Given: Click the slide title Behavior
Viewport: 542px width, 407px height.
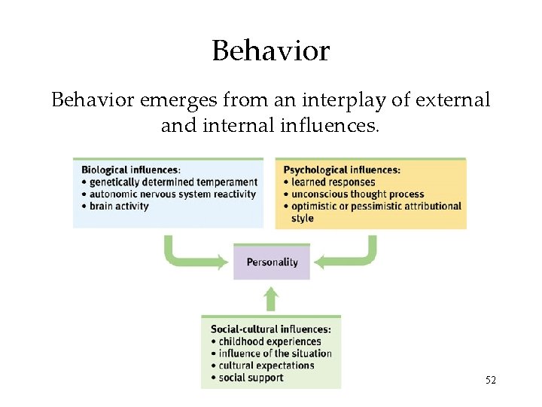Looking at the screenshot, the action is pos(271,51).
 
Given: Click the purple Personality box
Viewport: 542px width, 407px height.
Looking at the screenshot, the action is pos(272,262).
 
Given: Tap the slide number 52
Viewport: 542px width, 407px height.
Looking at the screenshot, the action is pos(490,380).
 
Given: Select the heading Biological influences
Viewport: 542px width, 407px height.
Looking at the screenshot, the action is pos(130,170).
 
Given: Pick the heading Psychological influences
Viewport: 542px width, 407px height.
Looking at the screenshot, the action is pos(341,170).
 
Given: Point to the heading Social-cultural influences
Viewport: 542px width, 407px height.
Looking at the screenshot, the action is pos(270,329).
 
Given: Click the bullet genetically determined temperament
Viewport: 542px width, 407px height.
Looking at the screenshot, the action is pos(173,182).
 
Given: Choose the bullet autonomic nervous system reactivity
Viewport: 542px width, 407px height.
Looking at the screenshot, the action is pos(172,194).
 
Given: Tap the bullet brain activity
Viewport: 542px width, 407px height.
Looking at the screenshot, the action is pos(119,206).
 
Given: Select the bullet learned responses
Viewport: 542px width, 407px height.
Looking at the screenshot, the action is pos(332,182).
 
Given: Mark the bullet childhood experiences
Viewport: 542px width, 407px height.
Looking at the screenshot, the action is pos(269,341).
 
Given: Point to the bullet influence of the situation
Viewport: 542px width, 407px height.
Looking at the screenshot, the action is pos(275,353).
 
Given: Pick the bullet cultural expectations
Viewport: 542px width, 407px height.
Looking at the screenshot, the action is pos(266,366).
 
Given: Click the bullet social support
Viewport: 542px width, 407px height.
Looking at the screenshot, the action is pos(251,378).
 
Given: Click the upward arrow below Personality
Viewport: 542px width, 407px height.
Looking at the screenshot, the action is pos(272,298).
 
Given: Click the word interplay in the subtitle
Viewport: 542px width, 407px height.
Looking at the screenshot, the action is pos(330,99).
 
